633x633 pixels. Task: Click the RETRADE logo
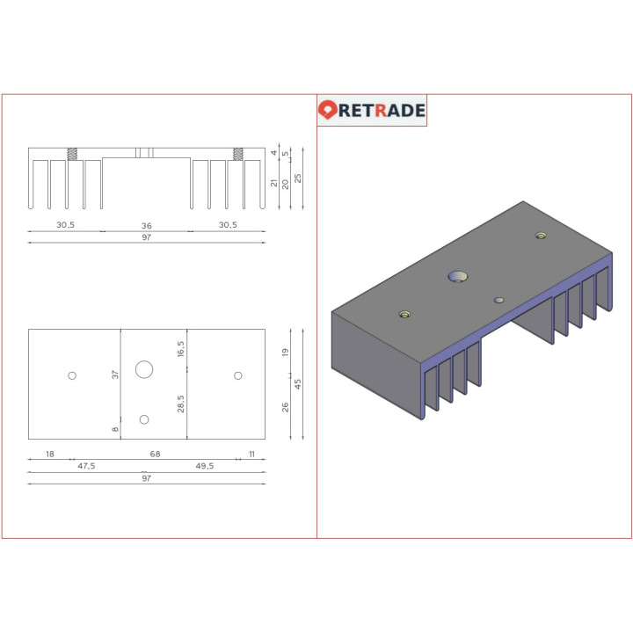click(x=372, y=110)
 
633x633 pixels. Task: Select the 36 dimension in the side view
click(x=146, y=226)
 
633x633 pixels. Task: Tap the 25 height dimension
click(x=298, y=178)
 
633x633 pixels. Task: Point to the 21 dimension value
click(x=274, y=184)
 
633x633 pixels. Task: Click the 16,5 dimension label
click(x=181, y=348)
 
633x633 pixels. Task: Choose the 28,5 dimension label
click(x=181, y=403)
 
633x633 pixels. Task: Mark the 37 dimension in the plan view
click(x=114, y=375)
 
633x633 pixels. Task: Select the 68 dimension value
click(x=155, y=454)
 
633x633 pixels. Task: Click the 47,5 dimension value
click(x=86, y=466)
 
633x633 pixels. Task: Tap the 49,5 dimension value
click(x=204, y=466)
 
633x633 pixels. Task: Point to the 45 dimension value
click(x=298, y=384)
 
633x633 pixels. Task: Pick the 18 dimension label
click(x=49, y=454)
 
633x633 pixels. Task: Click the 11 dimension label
click(x=251, y=454)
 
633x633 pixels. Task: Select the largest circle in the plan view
click(x=144, y=369)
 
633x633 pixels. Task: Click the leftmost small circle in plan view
click(x=72, y=375)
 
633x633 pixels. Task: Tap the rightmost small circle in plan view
click(x=237, y=375)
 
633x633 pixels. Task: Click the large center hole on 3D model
click(x=457, y=278)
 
